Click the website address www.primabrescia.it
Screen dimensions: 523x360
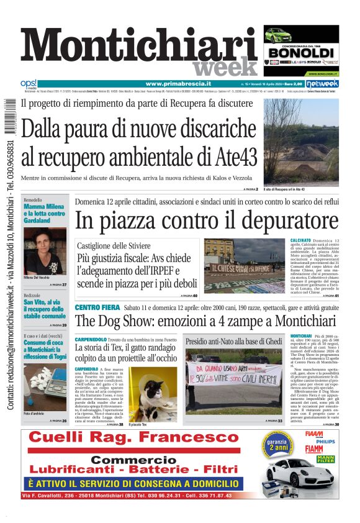[178, 83]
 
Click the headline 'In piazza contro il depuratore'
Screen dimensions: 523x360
[207, 221]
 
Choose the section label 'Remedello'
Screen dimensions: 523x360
[32, 200]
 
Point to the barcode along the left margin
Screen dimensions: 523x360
[8, 116]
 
